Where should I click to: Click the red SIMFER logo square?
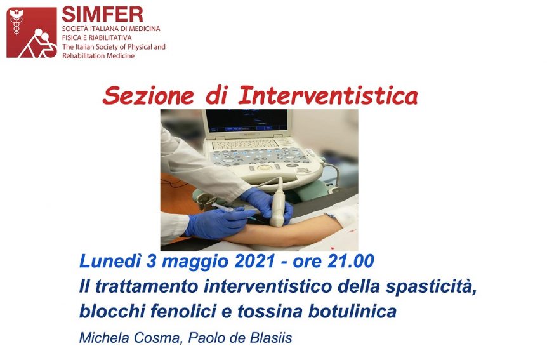point(31,32)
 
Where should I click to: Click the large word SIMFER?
point(103,14)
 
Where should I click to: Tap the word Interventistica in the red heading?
point(328,95)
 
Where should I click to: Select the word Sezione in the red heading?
point(148,96)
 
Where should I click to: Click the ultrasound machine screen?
point(247,120)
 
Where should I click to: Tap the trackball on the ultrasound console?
point(264,168)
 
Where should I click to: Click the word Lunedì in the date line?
point(110,261)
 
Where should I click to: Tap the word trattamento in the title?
point(146,287)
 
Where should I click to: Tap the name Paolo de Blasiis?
point(240,338)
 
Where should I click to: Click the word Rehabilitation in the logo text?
point(84,55)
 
